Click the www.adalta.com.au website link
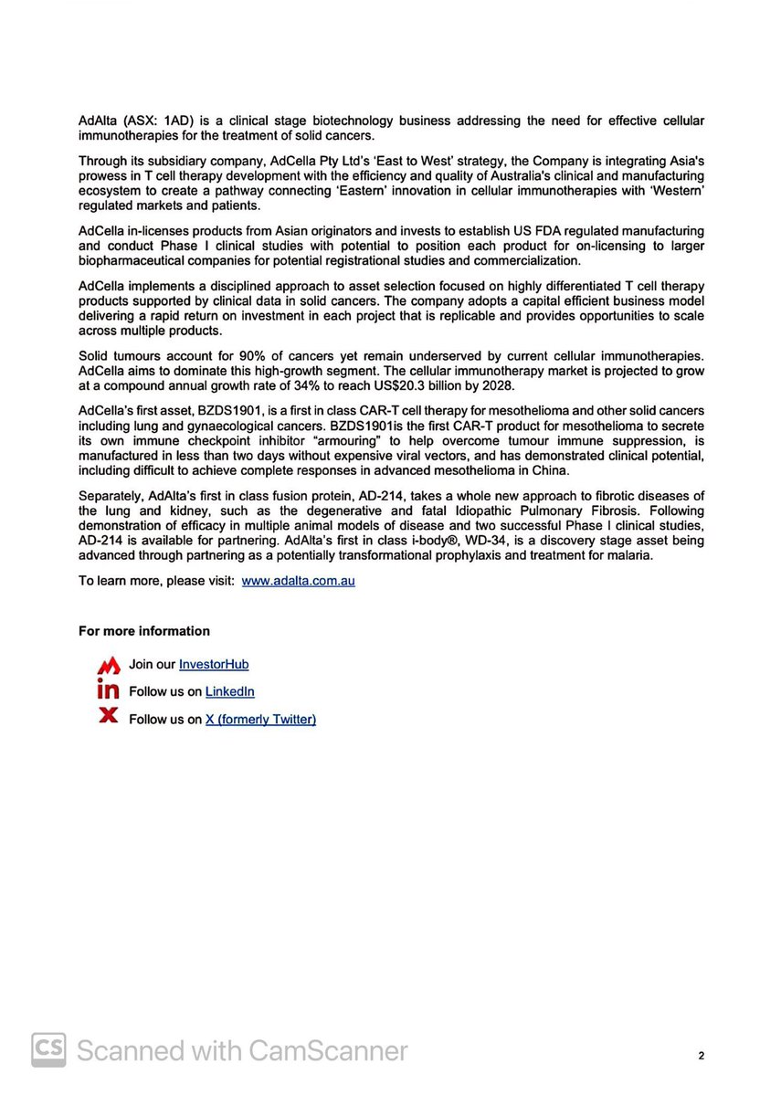[298, 581]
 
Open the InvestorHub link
[214, 665]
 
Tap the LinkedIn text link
[229, 692]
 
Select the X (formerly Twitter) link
[260, 720]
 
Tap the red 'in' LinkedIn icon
[109, 691]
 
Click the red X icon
[109, 718]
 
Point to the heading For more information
[143, 631]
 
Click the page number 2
[701, 1056]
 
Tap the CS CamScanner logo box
[49, 1050]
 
